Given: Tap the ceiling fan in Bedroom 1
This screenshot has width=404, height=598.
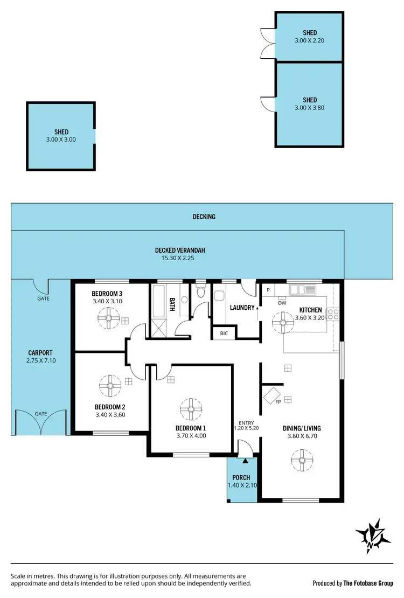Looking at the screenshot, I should (x=191, y=409).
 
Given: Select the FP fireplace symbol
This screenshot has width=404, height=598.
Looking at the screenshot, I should (x=272, y=396).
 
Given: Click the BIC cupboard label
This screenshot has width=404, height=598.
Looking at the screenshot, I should (x=224, y=333).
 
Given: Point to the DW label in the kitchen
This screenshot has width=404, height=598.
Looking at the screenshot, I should (x=282, y=302).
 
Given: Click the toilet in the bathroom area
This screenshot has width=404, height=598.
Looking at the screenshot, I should (x=201, y=291).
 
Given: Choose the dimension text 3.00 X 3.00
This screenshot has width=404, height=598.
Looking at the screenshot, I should (x=61, y=140).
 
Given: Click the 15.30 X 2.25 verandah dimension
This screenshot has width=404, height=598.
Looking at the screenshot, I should (x=180, y=258).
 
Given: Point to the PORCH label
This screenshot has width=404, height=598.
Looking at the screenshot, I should (x=241, y=477).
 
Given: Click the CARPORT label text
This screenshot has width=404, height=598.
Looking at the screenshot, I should (x=40, y=353).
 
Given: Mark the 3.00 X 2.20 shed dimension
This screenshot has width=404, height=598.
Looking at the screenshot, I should (x=310, y=40).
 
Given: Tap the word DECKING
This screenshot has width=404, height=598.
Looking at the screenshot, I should (x=204, y=217).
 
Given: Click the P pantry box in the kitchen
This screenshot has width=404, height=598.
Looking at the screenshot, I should (x=268, y=290).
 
